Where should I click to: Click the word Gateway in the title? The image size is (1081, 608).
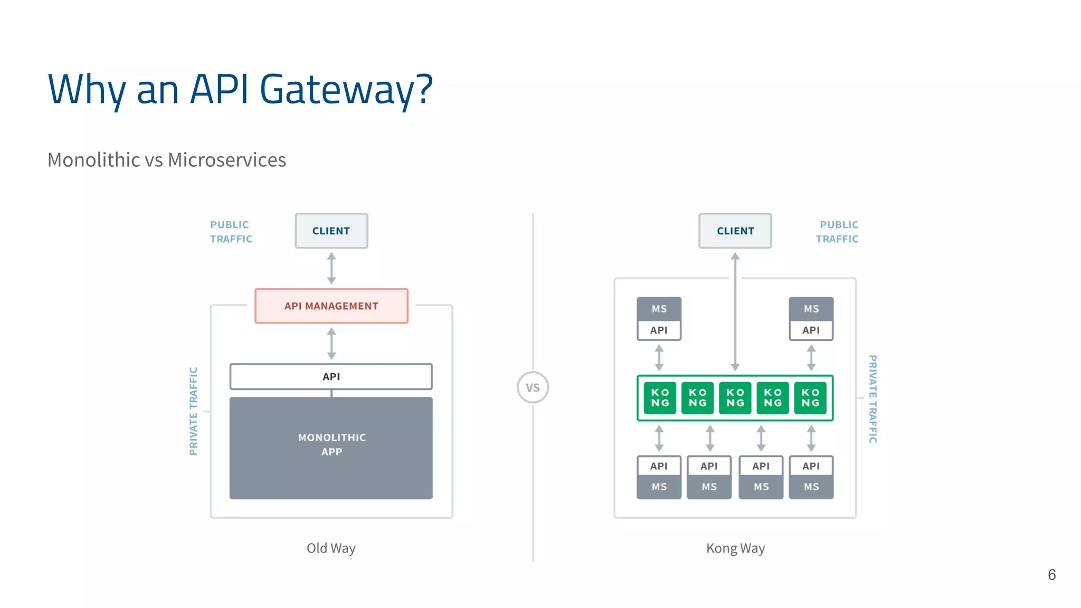tap(346, 90)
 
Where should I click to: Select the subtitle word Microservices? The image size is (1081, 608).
tap(227, 160)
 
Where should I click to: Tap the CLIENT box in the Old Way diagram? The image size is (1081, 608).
tap(331, 231)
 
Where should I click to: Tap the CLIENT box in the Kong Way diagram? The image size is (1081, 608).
tap(735, 231)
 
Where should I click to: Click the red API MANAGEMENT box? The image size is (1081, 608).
tap(331, 306)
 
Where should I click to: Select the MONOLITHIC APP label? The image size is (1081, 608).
tap(331, 444)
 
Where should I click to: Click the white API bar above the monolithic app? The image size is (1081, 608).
tap(331, 376)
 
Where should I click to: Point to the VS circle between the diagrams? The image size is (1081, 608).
tap(533, 387)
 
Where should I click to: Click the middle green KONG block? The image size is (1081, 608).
tap(735, 397)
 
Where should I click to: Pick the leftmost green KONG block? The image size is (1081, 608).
tap(660, 397)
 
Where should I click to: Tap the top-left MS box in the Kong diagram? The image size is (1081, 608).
tap(659, 309)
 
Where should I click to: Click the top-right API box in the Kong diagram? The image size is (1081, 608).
tap(811, 330)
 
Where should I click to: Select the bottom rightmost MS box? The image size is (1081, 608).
tap(811, 487)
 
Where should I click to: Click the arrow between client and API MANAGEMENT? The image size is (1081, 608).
tap(331, 268)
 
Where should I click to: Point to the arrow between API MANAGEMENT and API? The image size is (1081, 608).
tap(331, 343)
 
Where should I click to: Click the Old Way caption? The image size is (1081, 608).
tap(331, 548)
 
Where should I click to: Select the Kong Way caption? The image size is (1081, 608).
tap(735, 548)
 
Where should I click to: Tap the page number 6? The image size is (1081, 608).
tap(1051, 575)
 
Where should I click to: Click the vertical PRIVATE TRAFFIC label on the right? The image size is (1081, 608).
tap(873, 399)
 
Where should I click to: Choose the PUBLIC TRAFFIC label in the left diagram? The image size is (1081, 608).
tap(231, 232)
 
